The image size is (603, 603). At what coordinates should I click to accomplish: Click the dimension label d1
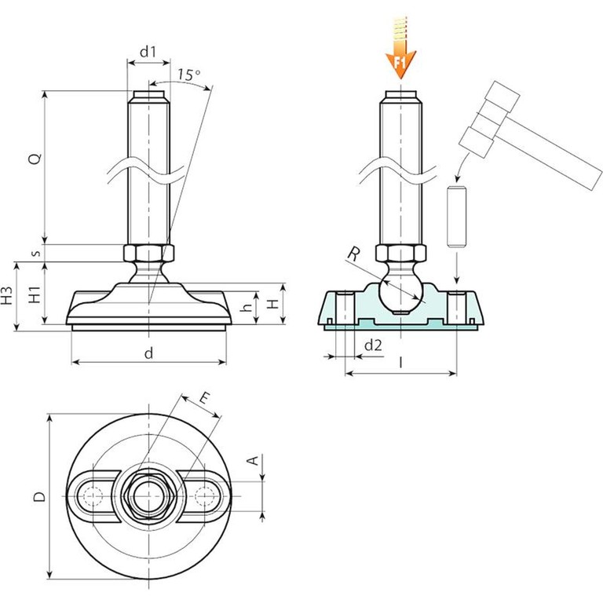coord(148,52)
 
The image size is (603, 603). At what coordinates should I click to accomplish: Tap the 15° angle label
coord(188,75)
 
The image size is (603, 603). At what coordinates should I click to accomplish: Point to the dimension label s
coord(34,253)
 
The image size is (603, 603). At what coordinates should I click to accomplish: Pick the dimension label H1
coord(34,296)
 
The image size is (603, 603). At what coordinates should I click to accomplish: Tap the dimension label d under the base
coord(148,353)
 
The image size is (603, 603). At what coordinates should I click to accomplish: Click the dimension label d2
coord(374,345)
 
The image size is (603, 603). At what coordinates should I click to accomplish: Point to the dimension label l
coord(401,363)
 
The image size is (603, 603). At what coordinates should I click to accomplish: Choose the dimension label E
coord(203,400)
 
